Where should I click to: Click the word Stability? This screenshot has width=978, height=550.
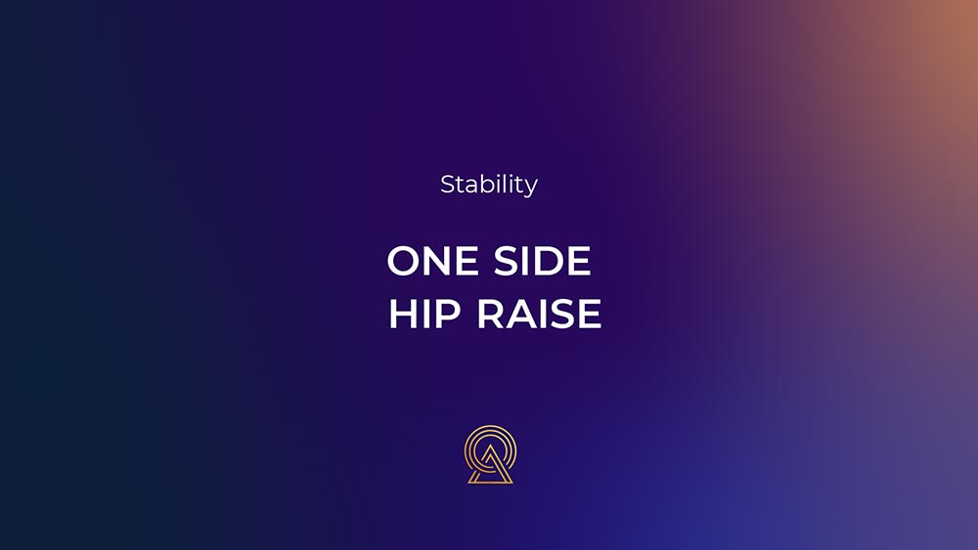point(489,185)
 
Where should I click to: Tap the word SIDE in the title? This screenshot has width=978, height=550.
point(542,261)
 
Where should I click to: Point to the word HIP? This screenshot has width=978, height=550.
point(424,314)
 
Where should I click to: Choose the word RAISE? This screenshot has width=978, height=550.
point(539,314)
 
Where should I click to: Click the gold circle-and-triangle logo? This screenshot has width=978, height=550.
point(490,454)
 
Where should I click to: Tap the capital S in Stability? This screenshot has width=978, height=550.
point(448,185)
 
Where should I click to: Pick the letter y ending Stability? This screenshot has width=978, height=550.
point(531,188)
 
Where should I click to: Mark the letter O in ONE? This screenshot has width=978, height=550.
point(404,261)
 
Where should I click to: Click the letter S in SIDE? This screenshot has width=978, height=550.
point(506,261)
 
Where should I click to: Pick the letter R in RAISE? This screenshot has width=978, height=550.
point(490,314)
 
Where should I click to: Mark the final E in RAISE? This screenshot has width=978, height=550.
point(590,314)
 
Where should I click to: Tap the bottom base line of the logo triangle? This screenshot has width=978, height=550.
point(490,482)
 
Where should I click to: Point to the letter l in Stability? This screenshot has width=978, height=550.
point(506,184)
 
